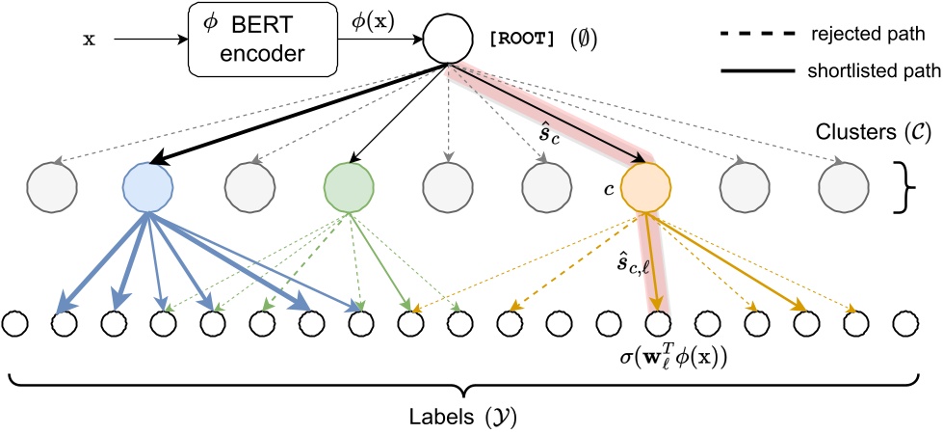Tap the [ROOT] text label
coord(524,41)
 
